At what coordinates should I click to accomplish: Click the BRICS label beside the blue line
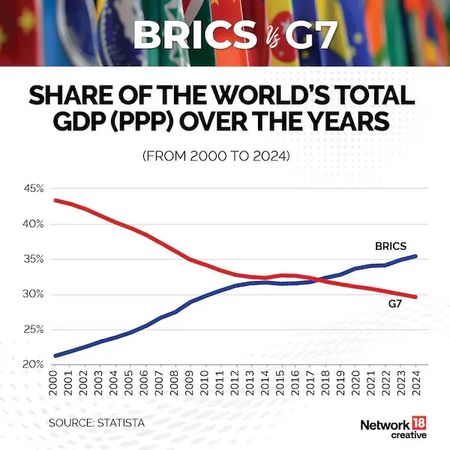(x=390, y=245)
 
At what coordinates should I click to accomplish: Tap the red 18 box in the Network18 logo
(x=415, y=423)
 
